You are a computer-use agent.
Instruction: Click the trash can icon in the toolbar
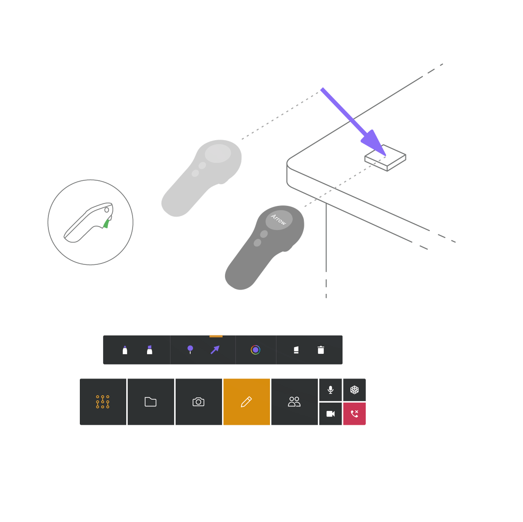pos(321,350)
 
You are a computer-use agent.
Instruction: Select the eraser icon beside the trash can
pos(296,350)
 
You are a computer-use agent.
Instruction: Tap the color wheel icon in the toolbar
pos(255,350)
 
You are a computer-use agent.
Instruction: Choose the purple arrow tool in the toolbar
pos(215,349)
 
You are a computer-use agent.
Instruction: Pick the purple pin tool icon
pos(190,349)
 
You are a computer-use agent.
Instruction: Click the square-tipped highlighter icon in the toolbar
pos(149,350)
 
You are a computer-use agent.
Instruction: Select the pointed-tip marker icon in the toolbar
pos(125,350)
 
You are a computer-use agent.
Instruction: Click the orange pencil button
pos(246,402)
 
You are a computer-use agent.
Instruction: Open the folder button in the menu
pos(150,402)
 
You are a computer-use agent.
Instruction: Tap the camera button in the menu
pos(198,402)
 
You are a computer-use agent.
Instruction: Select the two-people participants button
pos(294,402)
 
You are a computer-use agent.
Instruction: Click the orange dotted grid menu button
pos(103,402)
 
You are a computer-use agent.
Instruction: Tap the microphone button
pos(330,390)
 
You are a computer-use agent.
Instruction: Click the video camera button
pos(330,414)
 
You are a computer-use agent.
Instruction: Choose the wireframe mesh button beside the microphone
pos(354,390)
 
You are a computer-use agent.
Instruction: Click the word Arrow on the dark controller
pos(279,219)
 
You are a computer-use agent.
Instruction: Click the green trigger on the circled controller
pos(106,223)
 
